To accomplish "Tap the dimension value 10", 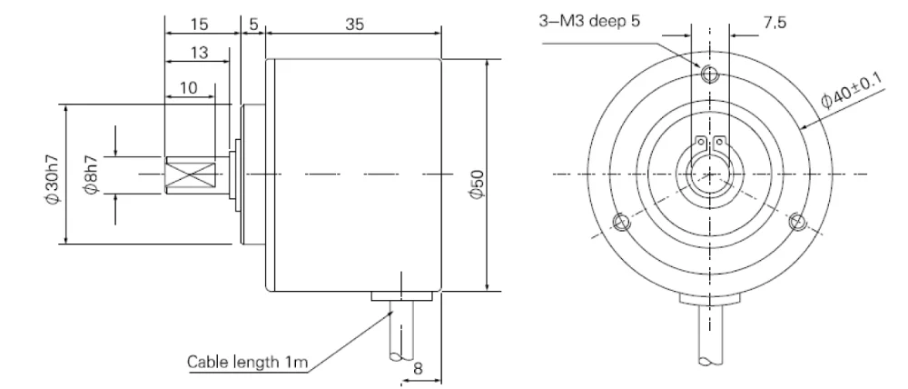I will coord(189,88).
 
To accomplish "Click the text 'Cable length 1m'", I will coord(244,362).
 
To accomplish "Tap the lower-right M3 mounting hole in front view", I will coord(797,222).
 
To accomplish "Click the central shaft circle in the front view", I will coord(708,173).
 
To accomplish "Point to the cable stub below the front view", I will coord(709,336).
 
